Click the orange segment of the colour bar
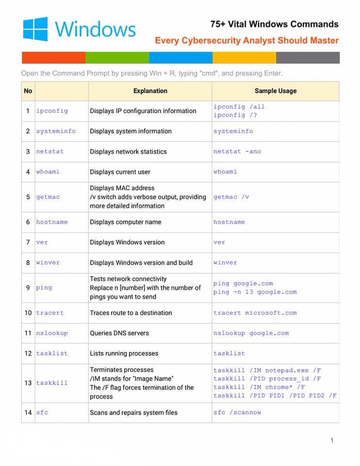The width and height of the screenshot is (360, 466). click(53, 58)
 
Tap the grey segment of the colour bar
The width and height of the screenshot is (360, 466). click(308, 58)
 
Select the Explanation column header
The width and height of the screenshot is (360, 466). click(150, 91)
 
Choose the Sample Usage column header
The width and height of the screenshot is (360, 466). click(275, 91)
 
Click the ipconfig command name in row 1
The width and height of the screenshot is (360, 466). click(52, 111)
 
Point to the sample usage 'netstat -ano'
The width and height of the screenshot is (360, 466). click(237, 151)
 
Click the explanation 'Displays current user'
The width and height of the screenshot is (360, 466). click(120, 172)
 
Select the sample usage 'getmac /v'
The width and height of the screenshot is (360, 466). click(231, 197)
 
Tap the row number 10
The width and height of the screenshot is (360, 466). click(28, 313)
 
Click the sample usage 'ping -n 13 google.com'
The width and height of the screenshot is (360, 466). click(255, 292)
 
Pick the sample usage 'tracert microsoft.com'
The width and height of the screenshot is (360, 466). click(255, 313)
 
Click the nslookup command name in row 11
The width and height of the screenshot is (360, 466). click(52, 333)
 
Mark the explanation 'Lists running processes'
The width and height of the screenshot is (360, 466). click(124, 353)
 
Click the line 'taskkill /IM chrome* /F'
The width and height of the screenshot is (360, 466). click(259, 387)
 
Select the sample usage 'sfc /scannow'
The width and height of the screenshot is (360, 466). click(237, 412)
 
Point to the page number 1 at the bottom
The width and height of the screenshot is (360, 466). click(332, 440)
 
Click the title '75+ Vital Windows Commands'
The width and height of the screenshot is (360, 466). click(274, 24)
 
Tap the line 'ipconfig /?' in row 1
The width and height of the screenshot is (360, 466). click(235, 115)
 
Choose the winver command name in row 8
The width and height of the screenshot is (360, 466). click(48, 263)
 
